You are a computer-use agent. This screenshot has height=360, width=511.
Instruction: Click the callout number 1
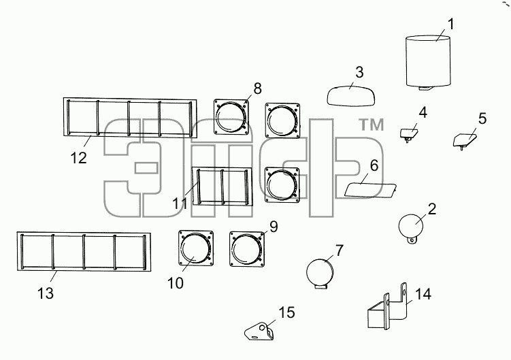coord(450,24)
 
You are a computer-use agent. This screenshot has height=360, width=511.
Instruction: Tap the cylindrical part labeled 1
coord(428,62)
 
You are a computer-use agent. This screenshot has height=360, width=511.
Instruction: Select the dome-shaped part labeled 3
coord(350,95)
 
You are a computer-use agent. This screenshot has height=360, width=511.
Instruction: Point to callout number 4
coord(423,112)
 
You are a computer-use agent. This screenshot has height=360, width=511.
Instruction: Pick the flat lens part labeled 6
coord(370,190)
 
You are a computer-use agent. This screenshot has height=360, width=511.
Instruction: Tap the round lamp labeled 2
coord(411,226)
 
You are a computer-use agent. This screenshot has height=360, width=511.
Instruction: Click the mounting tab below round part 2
coord(412,241)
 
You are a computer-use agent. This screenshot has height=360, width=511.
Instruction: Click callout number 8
coord(257,88)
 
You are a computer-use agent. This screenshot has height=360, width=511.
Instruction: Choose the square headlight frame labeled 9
coord(246,249)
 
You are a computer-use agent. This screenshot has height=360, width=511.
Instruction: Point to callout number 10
coord(176,283)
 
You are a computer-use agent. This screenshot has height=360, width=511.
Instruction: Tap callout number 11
coord(180,203)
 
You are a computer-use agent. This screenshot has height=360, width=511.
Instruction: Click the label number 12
coord(78,158)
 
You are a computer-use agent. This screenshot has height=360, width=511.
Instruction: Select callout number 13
coord(46,293)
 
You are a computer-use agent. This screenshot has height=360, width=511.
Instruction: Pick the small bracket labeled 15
coord(259,331)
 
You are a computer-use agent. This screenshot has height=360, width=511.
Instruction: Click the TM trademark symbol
coord(372,125)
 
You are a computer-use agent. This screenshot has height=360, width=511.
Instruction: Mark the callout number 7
coord(340,250)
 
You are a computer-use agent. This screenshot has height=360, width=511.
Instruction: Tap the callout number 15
coord(286,312)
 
